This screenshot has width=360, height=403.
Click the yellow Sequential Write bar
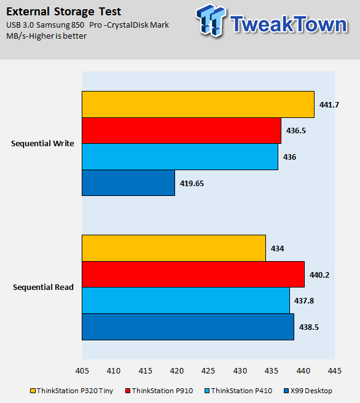(x=198, y=104)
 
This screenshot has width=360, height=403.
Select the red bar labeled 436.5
(x=181, y=131)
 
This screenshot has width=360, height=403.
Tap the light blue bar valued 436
(x=180, y=157)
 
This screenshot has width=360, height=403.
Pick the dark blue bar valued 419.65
(x=128, y=182)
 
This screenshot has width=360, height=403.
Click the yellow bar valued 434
(x=174, y=248)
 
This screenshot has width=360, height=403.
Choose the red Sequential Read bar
(x=194, y=274)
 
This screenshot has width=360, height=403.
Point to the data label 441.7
(x=329, y=105)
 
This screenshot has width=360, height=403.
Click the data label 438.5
(x=309, y=327)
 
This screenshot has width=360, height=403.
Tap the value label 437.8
(x=304, y=300)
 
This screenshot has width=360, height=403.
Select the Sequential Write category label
(x=42, y=143)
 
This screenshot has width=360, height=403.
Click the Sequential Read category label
(x=43, y=287)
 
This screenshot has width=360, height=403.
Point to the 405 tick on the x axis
(x=82, y=371)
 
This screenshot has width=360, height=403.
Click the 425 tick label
(x=208, y=371)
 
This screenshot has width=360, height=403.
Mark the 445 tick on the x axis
(x=335, y=371)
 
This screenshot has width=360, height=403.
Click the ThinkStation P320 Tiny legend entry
(x=72, y=391)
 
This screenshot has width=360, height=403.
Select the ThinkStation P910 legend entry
(x=159, y=391)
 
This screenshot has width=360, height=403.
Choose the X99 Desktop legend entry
(x=308, y=391)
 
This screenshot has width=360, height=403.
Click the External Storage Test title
(x=63, y=12)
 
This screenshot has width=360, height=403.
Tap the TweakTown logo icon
(x=211, y=20)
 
